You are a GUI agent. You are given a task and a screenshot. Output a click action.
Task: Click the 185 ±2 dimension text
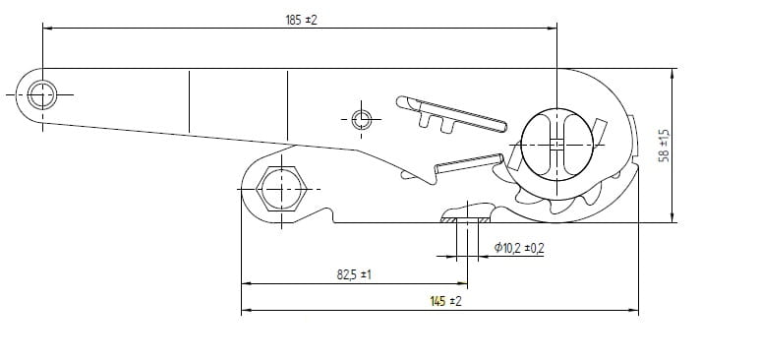coord(301,21)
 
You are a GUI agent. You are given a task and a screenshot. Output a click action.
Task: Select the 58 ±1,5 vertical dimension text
coord(665,146)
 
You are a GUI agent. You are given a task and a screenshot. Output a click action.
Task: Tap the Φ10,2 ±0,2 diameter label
coord(519,248)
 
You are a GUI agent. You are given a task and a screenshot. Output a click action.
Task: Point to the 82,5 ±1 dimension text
coord(354,274)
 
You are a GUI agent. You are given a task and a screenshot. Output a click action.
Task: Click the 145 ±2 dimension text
coord(445,301)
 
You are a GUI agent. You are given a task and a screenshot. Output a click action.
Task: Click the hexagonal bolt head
coord(281,189)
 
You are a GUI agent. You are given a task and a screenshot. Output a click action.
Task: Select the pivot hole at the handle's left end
coord(42,95)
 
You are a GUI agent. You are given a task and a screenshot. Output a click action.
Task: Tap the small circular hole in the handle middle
coord(362,119)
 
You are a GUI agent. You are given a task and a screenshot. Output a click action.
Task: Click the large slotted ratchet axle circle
coord(557,145)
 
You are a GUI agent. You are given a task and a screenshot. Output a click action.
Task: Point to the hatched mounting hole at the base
coord(467,220)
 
